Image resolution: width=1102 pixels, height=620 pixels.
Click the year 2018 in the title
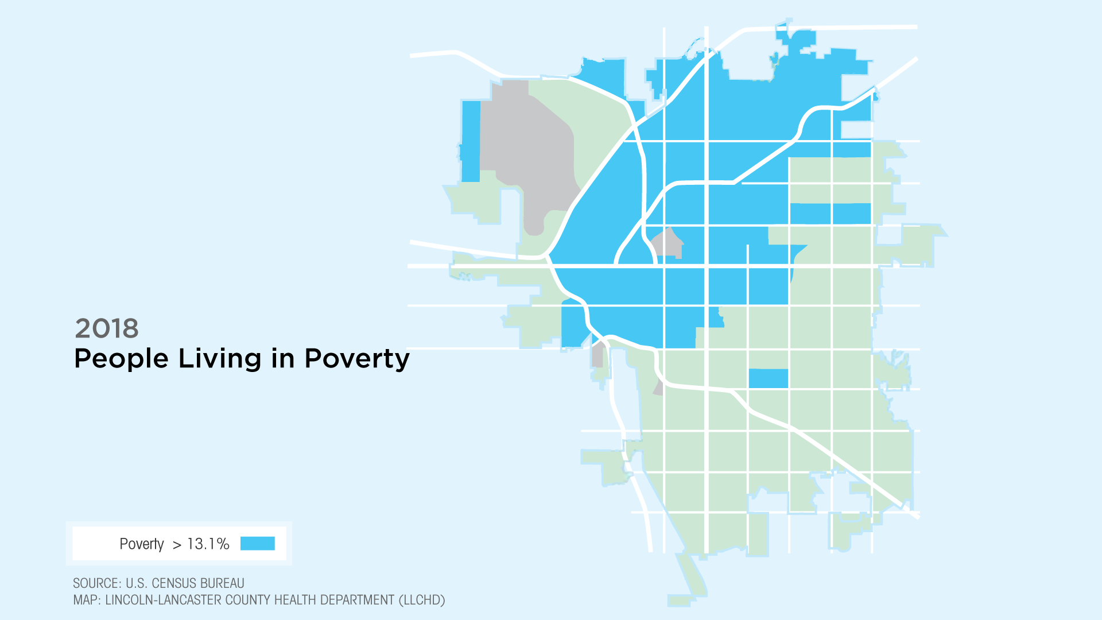(107, 328)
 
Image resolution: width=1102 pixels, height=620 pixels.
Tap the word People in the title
(122, 359)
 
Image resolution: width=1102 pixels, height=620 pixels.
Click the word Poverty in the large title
(357, 359)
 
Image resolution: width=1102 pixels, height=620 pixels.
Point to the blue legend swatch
(258, 544)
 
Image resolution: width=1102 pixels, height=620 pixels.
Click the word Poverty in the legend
(142, 544)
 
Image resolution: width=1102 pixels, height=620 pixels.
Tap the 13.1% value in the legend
(208, 544)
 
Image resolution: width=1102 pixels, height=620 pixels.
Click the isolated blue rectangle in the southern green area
(768, 378)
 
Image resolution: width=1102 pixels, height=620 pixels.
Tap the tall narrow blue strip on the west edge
(471, 141)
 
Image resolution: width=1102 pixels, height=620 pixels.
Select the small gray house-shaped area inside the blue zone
(668, 243)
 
